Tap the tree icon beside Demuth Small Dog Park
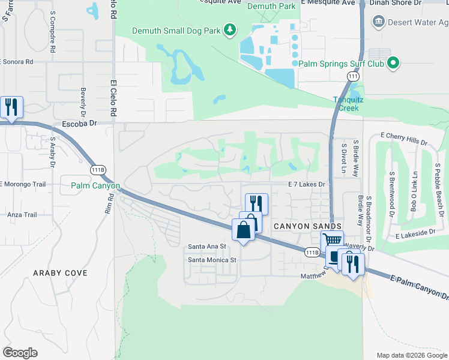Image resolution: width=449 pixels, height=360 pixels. pyautogui.click(x=229, y=29)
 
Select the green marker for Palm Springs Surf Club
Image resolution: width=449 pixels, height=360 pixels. pyautogui.click(x=393, y=62)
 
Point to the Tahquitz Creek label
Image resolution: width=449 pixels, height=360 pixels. pyautogui.click(x=346, y=104)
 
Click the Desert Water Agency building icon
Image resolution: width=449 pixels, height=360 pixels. pyautogui.click(x=378, y=22)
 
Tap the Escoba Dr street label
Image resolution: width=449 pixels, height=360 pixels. pyautogui.click(x=79, y=124)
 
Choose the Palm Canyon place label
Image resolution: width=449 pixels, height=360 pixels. pyautogui.click(x=95, y=186)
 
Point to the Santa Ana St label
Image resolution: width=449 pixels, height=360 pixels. pyautogui.click(x=207, y=247)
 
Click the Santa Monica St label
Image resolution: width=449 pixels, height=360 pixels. pyautogui.click(x=212, y=260)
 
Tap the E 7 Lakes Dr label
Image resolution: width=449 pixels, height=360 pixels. pyautogui.click(x=306, y=185)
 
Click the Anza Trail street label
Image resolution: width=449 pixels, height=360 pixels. pyautogui.click(x=22, y=215)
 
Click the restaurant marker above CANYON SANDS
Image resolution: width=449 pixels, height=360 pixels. pyautogui.click(x=256, y=203)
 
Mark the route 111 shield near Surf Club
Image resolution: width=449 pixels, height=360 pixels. pyautogui.click(x=353, y=76)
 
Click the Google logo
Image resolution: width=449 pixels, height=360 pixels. pyautogui.click(x=20, y=353)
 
